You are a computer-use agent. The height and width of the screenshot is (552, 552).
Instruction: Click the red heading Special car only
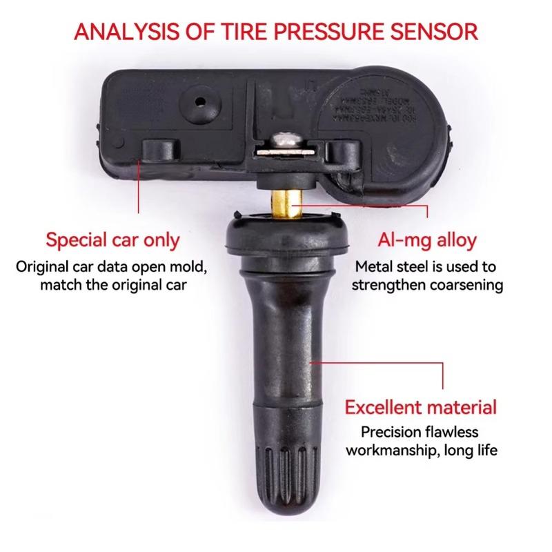[112, 241]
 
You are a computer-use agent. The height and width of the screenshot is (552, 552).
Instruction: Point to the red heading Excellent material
[420, 406]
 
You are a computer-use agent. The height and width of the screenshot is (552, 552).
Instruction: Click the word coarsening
[460, 284]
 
